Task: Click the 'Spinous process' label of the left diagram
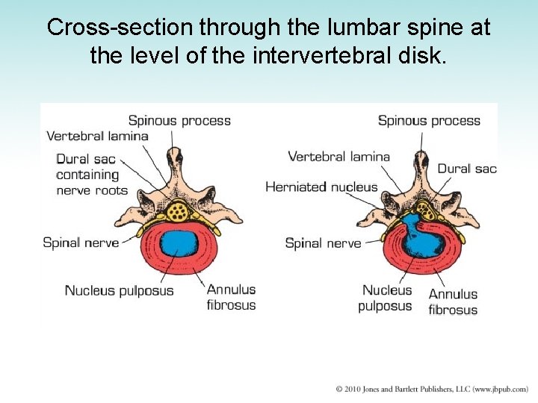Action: click(x=179, y=120)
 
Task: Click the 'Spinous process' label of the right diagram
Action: click(x=429, y=120)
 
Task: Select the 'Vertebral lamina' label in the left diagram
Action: click(x=97, y=136)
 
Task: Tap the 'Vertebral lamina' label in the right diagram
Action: click(x=338, y=156)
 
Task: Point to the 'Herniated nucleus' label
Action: click(x=321, y=187)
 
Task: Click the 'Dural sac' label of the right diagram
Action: click(x=467, y=169)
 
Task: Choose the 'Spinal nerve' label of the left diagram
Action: click(x=81, y=242)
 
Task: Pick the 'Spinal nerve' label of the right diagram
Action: click(x=323, y=243)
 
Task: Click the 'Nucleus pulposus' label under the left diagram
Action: click(x=119, y=290)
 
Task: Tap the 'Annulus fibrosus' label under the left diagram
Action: click(x=231, y=297)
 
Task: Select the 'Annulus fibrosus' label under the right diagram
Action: click(x=453, y=302)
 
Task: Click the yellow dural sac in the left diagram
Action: click(x=178, y=211)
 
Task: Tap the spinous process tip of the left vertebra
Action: click(x=176, y=155)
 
